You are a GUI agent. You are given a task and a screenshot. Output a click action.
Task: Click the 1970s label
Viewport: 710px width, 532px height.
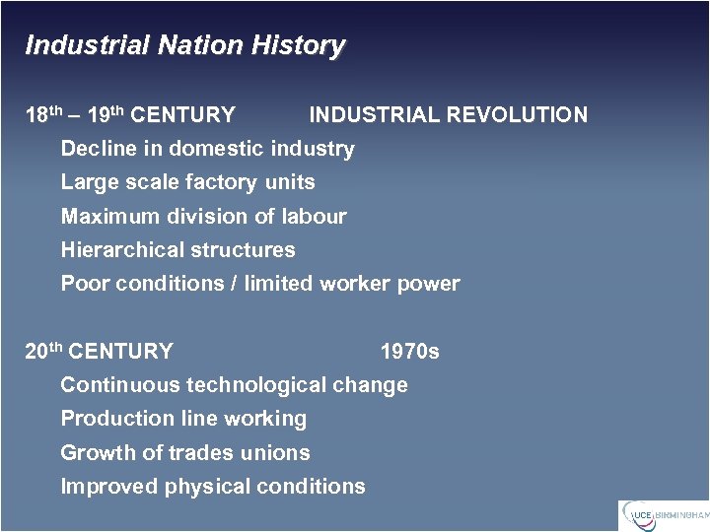410,352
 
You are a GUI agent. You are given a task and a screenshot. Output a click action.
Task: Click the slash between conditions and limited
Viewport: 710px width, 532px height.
233,284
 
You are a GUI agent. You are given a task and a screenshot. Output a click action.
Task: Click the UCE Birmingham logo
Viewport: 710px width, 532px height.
664,514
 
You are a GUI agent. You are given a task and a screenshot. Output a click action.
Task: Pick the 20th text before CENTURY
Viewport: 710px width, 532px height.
43,352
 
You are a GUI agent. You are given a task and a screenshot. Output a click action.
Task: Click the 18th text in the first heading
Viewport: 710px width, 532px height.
43,115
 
